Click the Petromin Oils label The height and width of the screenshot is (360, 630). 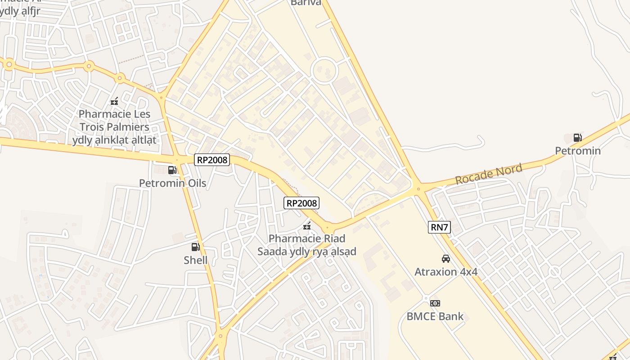[172, 183]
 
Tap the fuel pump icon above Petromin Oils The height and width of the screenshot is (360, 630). [172, 170]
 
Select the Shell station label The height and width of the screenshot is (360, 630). [196, 260]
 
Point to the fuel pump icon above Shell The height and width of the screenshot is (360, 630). [195, 247]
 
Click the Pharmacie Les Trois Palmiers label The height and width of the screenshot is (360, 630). [115, 127]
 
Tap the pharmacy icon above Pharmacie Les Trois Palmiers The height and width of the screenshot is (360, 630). [114, 101]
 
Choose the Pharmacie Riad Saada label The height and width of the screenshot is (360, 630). [306, 245]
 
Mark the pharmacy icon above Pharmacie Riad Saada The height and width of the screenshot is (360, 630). [307, 225]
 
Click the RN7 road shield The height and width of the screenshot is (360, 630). [439, 227]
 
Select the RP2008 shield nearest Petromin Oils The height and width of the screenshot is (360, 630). [212, 160]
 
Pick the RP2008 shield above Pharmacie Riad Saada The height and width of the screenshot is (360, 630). [301, 203]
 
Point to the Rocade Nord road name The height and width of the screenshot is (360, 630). [489, 174]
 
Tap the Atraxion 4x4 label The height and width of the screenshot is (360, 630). [446, 272]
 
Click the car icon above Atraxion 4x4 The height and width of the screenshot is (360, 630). [446, 259]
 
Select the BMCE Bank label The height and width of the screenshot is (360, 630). [435, 316]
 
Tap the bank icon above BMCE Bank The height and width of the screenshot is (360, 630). [435, 303]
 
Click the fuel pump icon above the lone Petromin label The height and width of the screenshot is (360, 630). [577, 138]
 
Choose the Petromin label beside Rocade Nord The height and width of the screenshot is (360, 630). [577, 151]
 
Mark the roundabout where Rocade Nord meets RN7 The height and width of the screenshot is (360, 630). [418, 189]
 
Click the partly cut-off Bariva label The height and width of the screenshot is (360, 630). [306, 3]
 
